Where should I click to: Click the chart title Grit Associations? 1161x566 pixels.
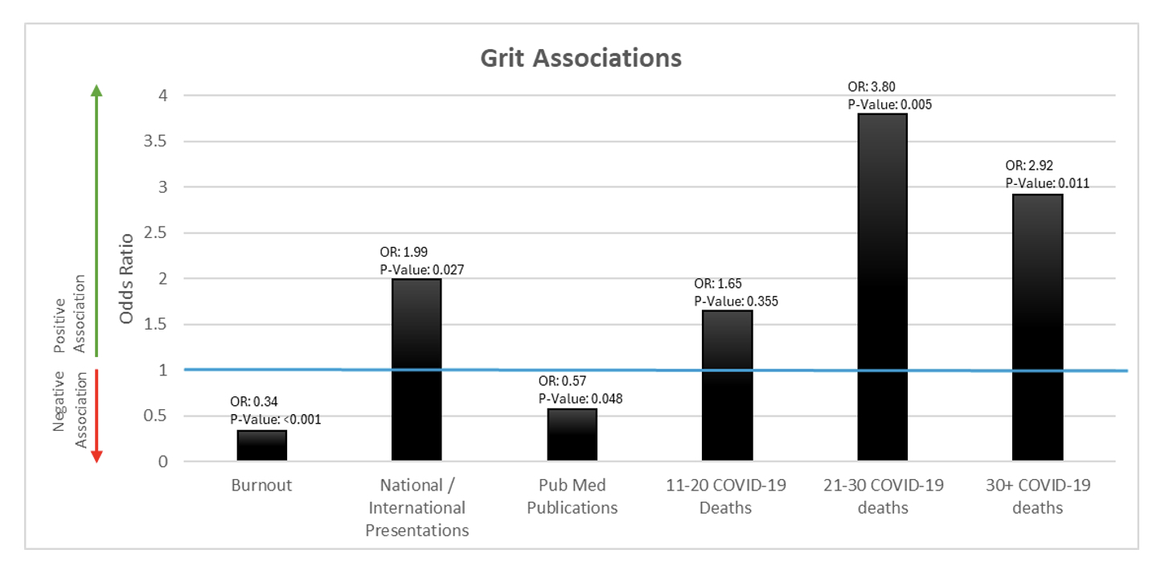pyautogui.click(x=580, y=59)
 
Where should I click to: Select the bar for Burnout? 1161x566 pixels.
pyautogui.click(x=262, y=445)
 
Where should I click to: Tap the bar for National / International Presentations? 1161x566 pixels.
pyautogui.click(x=416, y=370)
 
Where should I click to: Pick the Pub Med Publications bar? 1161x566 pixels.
pyautogui.click(x=572, y=435)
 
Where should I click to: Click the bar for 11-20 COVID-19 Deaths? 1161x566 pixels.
pyautogui.click(x=727, y=386)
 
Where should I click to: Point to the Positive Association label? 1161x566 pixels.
pyautogui.click(x=68, y=314)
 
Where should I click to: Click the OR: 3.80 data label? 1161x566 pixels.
pyautogui.click(x=871, y=87)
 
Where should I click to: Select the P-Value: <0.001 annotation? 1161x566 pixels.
pyautogui.click(x=276, y=418)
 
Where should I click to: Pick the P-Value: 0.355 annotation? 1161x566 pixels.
pyautogui.click(x=736, y=301)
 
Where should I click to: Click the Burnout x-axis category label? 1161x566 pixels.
pyautogui.click(x=261, y=486)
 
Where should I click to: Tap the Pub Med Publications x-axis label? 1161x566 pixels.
pyautogui.click(x=572, y=497)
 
